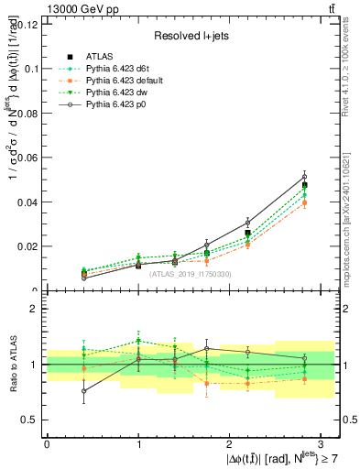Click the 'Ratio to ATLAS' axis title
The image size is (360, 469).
(12, 364)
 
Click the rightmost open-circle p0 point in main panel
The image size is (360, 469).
(304, 176)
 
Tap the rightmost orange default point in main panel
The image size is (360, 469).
(304, 202)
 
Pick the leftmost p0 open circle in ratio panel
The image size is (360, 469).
(59, 391)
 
